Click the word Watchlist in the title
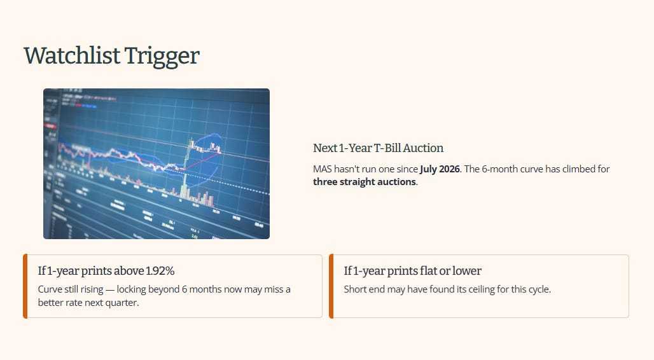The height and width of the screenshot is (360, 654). pos(72,55)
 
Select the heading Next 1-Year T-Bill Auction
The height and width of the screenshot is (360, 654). pos(378,148)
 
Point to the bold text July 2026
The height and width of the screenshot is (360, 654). pos(440,169)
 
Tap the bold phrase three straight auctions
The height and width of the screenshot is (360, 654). pos(365,182)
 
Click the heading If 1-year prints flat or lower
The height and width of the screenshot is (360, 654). pos(412,271)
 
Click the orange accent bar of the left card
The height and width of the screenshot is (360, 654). pos(25,286)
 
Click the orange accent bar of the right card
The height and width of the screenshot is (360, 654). pos(331,286)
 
